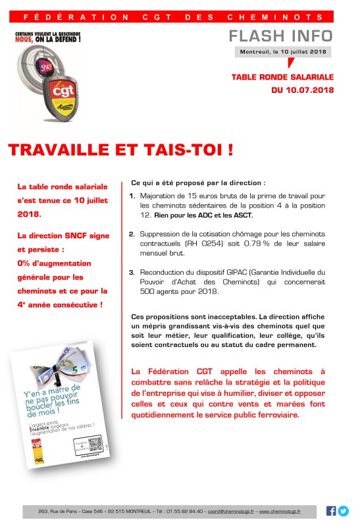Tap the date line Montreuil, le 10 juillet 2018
point(284,51)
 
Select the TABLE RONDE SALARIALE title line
point(283,77)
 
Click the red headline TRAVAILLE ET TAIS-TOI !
point(121,150)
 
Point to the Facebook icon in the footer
point(331,510)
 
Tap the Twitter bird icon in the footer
point(343,510)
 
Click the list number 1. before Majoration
point(132,196)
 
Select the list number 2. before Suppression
point(132,234)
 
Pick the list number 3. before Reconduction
point(132,271)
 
